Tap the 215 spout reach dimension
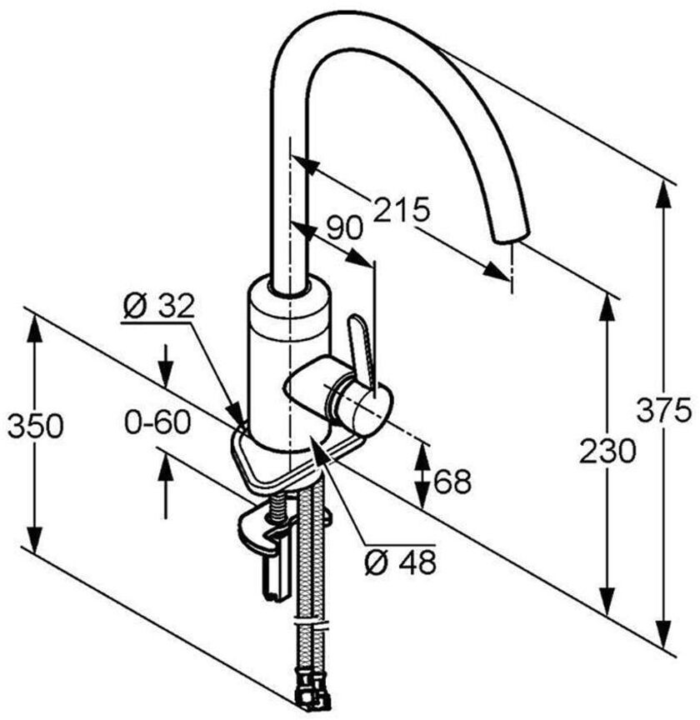401,209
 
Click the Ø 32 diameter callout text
158,307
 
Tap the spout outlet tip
510,234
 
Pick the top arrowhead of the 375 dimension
664,190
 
